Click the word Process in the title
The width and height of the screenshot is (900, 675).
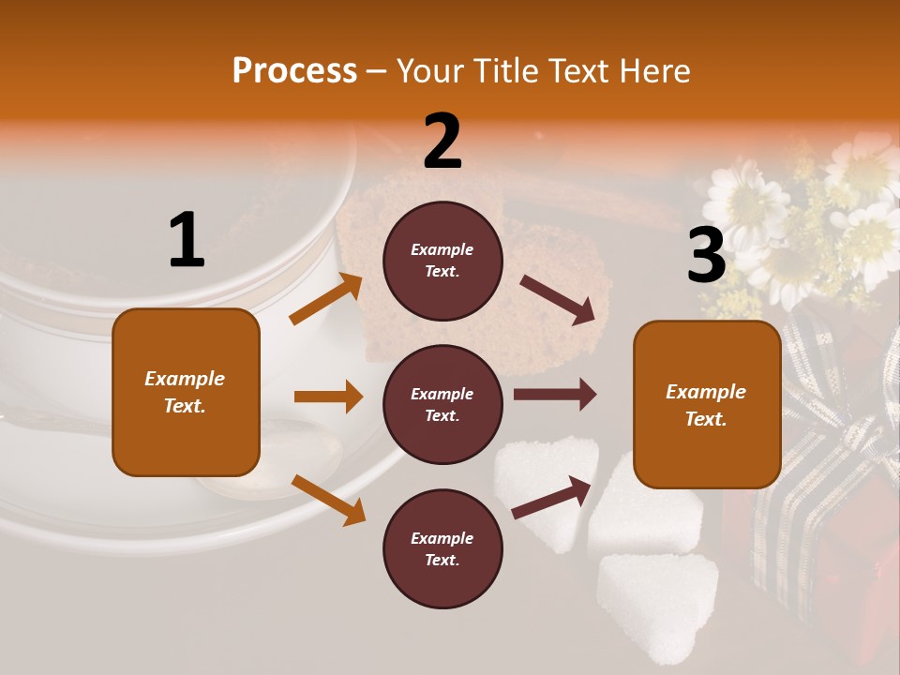294,71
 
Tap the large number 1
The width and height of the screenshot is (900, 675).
187,241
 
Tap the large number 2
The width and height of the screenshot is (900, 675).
442,142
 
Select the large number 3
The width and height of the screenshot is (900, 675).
706,255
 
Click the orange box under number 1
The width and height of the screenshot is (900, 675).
186,392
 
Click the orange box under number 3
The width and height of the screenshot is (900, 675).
707,405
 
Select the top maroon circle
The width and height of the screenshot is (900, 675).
442,261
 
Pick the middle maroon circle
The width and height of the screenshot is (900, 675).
442,405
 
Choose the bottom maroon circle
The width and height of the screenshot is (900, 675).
442,549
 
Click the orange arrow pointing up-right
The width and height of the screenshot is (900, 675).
326,299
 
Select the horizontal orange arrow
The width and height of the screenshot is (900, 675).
328,397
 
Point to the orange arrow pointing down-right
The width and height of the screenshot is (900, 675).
328,500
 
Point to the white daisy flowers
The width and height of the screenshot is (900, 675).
750,202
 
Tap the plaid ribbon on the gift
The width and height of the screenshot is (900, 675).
825,450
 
